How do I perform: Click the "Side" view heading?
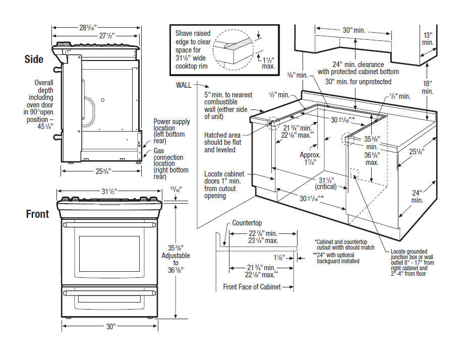click(x=34, y=59)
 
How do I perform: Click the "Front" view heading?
click(x=37, y=214)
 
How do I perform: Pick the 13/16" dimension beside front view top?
click(x=176, y=189)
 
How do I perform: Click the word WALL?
click(x=184, y=85)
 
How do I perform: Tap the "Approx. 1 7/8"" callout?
click(x=310, y=158)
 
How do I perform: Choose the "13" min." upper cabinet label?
click(x=428, y=39)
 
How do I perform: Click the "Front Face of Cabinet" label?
click(x=252, y=287)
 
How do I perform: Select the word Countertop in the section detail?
click(x=247, y=223)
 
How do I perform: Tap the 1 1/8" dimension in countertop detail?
click(x=280, y=258)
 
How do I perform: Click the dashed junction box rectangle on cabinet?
click(x=354, y=173)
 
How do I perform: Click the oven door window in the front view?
click(x=109, y=253)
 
